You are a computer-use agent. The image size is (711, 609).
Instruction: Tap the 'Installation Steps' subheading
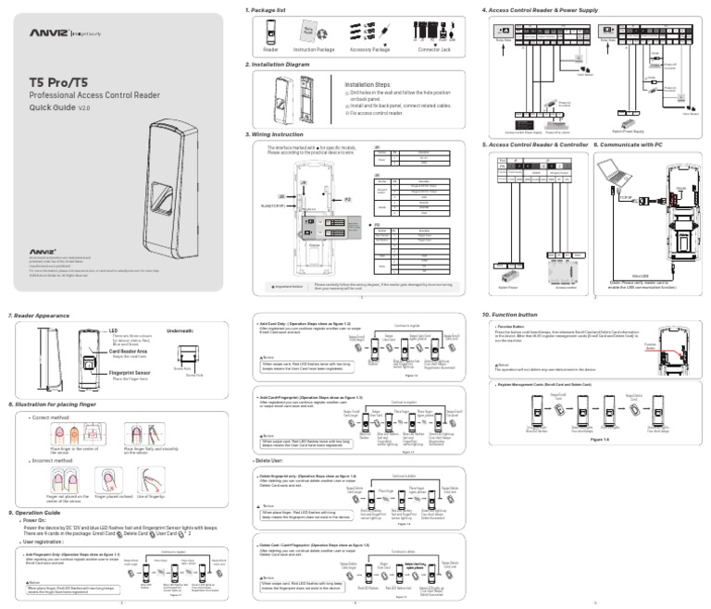tap(368, 83)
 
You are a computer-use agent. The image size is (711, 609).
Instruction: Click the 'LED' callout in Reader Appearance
tap(114, 329)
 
